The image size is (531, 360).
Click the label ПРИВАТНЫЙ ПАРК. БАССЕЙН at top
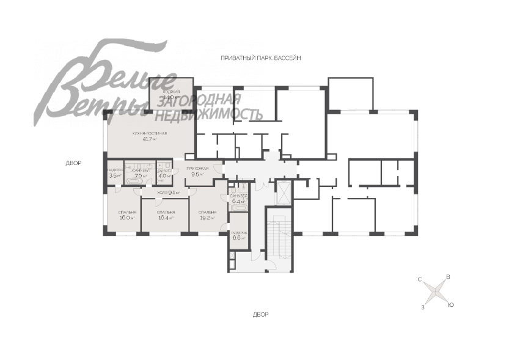262,57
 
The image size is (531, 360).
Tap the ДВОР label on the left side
73,163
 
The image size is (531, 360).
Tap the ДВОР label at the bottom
261,314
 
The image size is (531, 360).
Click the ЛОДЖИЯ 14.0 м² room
170,94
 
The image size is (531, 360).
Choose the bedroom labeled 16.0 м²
126,215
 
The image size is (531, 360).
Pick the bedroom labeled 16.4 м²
166,215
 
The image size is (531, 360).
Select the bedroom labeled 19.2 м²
207,215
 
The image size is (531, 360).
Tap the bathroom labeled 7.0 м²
141,173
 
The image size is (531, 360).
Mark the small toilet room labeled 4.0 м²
164,174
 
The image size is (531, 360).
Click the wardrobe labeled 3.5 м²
114,173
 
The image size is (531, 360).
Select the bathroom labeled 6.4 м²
238,197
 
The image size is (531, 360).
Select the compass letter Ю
450,304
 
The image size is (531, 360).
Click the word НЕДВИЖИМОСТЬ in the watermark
210,114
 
